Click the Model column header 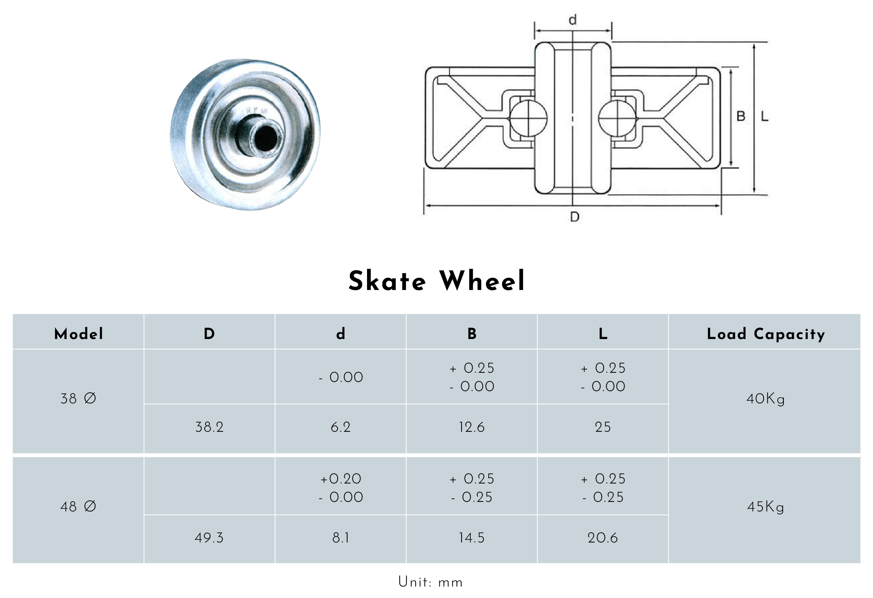coord(78,334)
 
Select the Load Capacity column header coord(765,334)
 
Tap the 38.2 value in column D coord(209,427)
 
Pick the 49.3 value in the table coord(209,538)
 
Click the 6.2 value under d coord(341,427)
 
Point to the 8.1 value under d coord(341,538)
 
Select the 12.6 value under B coord(472,427)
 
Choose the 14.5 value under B coord(472,538)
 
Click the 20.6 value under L coord(603,538)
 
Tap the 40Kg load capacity coord(765,399)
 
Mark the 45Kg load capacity coord(765,507)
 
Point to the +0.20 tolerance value coord(341,479)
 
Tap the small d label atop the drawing coord(573,20)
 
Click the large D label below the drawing coord(575,217)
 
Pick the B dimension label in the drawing coord(741,116)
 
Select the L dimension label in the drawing coord(764,116)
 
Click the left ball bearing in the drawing coord(529,119)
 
